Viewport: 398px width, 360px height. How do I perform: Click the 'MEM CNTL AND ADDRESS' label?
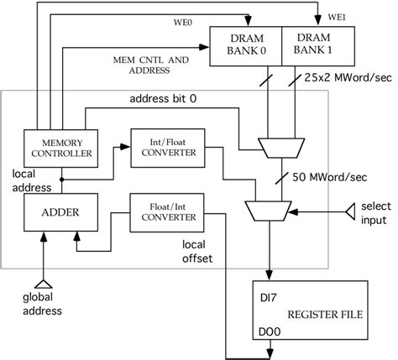(x=152, y=65)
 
